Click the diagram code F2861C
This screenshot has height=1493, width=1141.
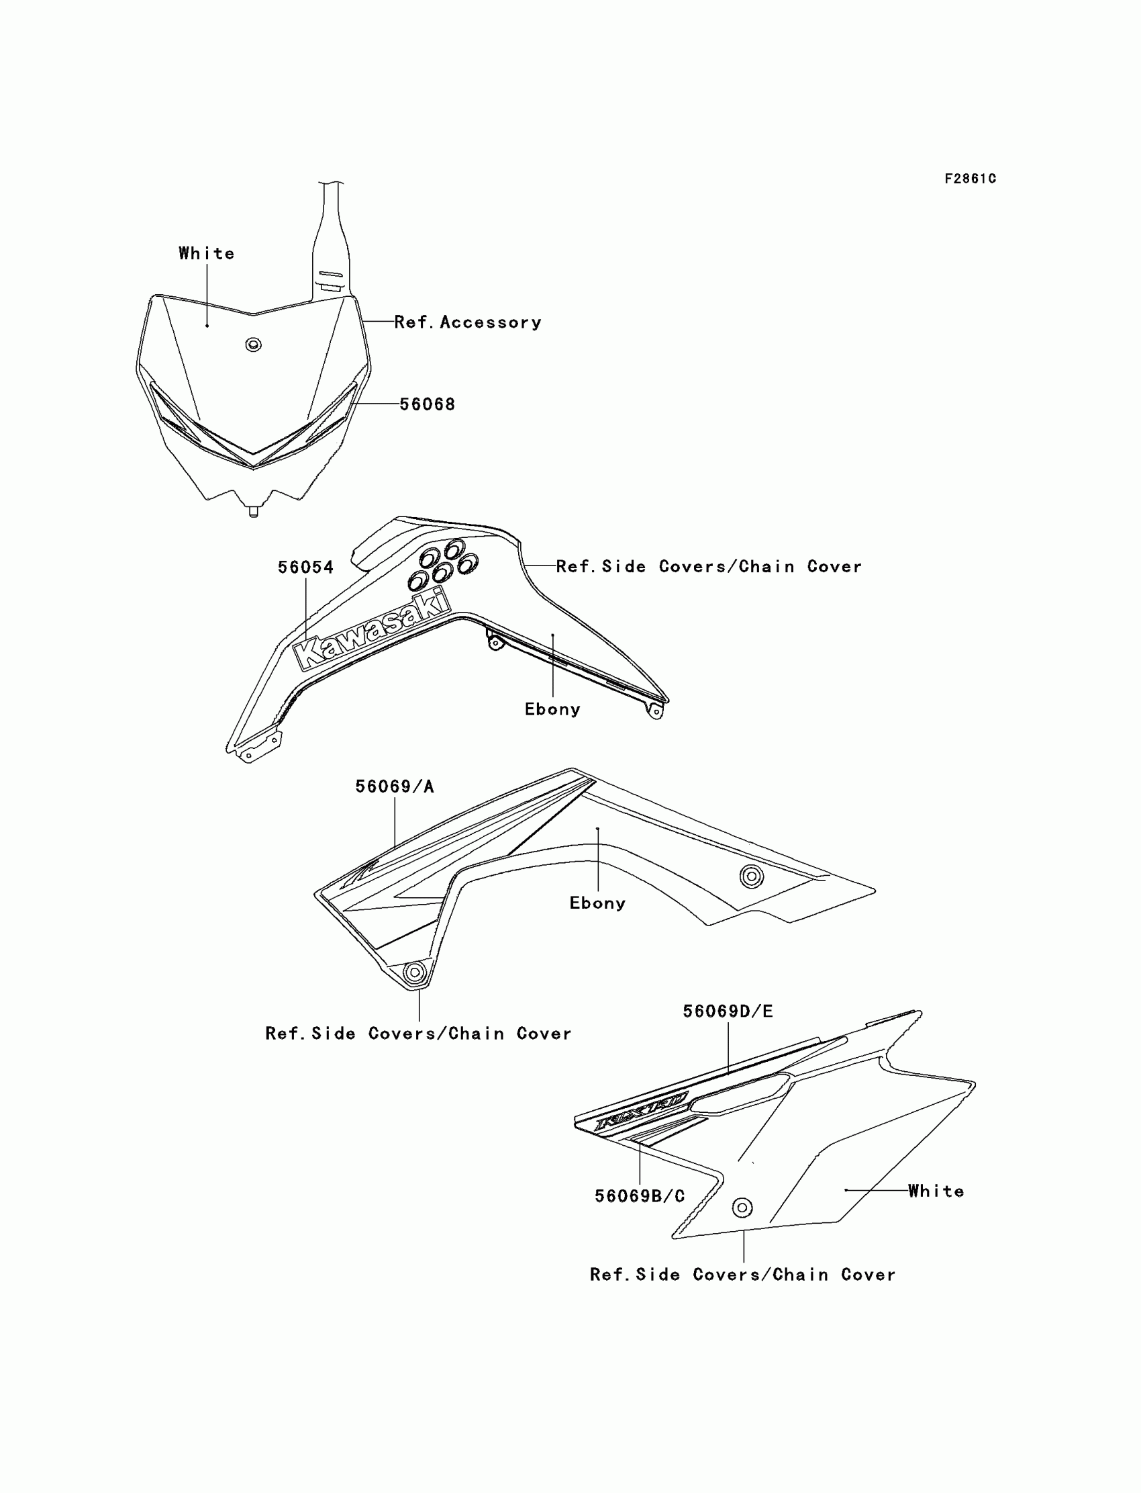[970, 179]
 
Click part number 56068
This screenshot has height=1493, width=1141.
[426, 404]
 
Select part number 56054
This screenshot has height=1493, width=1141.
[305, 568]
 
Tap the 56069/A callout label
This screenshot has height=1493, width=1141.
[395, 786]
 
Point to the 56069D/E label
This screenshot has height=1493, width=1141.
[728, 1011]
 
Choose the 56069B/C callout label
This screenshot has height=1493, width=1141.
[640, 1196]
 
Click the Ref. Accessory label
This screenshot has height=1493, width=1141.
[468, 322]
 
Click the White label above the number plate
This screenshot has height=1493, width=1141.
[207, 253]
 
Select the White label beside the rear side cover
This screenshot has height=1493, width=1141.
[936, 1191]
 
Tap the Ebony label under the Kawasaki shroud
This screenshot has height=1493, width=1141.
[552, 709]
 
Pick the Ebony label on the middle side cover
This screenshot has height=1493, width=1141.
[597, 903]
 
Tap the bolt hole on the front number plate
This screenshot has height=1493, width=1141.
[253, 345]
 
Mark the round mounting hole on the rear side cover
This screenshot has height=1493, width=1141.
[742, 1208]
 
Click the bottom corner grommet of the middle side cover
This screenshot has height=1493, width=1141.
[413, 972]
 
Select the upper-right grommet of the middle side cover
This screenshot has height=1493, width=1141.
[751, 876]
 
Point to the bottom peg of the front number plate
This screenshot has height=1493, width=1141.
[253, 511]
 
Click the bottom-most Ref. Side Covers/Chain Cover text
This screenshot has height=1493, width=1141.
[742, 1274]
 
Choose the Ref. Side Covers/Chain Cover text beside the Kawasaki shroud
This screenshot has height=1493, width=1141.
[708, 567]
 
